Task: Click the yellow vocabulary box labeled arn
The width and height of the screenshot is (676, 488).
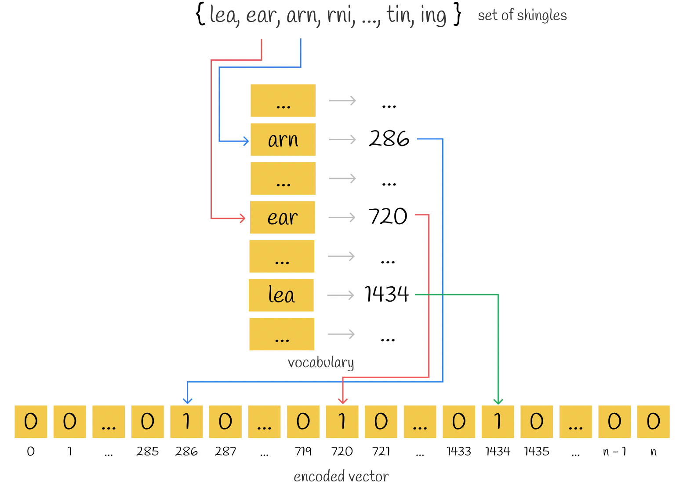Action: click(283, 139)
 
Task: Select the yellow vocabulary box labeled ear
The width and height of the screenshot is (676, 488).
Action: click(283, 217)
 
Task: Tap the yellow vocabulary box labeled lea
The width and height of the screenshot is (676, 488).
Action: click(281, 295)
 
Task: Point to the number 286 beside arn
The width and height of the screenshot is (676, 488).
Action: click(389, 138)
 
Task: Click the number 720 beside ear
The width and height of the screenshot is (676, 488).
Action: click(388, 216)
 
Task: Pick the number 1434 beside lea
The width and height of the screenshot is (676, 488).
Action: click(387, 294)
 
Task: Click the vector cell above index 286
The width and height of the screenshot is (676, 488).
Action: click(186, 422)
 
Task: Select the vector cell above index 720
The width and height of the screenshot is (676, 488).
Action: click(342, 422)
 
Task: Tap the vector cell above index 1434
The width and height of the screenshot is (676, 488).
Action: click(498, 422)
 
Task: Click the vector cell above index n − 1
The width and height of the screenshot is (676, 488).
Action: click(615, 422)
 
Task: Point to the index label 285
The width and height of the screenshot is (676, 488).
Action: click(148, 452)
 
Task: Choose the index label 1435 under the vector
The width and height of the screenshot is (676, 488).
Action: click(537, 452)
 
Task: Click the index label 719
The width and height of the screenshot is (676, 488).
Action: click(303, 452)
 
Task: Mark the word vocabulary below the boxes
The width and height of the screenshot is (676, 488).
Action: click(321, 363)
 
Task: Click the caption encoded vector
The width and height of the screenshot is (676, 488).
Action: click(342, 477)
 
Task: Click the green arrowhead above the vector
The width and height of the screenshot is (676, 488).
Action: click(498, 402)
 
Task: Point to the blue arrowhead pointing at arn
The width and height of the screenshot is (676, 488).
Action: click(246, 141)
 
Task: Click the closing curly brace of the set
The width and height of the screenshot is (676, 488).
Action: click(458, 14)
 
